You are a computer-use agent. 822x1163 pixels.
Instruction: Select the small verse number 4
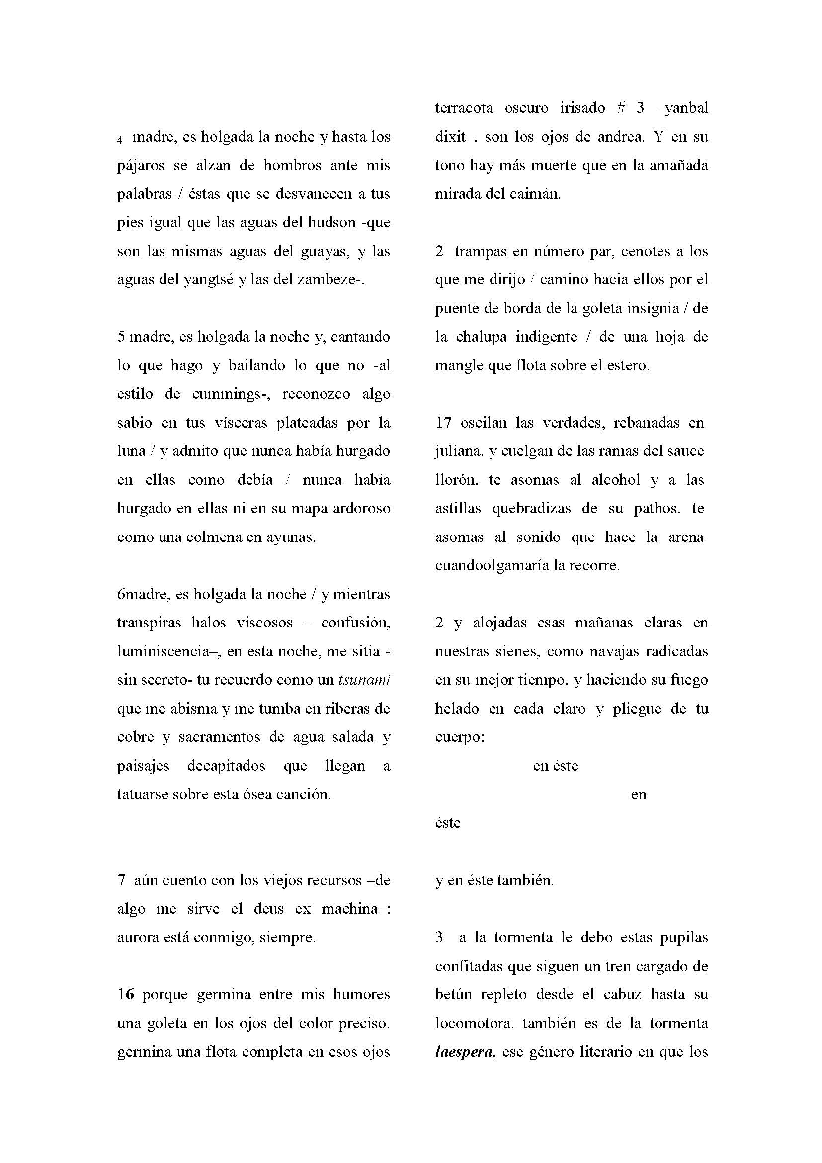coord(120,140)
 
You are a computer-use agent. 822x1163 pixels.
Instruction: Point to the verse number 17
coord(443,423)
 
